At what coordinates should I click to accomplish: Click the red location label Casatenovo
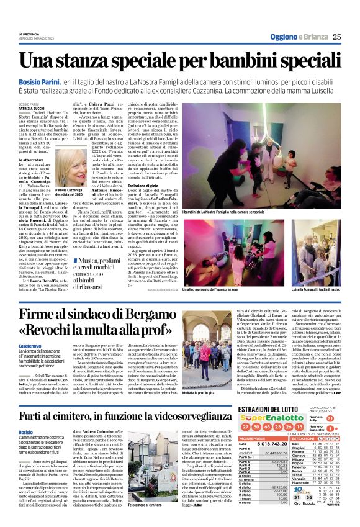(30, 348)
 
